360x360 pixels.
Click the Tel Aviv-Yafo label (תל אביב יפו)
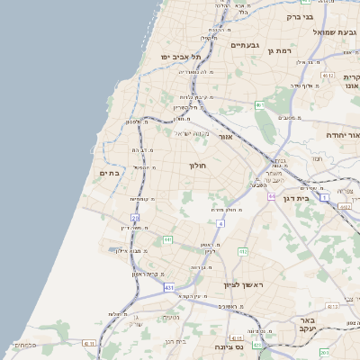(x=177, y=57)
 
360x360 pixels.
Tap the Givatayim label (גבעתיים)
(x=245, y=45)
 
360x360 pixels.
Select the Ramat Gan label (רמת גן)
(x=282, y=51)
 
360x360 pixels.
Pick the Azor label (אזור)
(x=225, y=137)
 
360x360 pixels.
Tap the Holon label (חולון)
(x=198, y=166)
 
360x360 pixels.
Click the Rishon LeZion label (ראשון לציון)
(x=244, y=284)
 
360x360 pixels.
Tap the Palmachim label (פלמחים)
(x=24, y=345)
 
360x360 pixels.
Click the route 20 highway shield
(x=135, y=217)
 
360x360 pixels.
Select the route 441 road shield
(x=167, y=239)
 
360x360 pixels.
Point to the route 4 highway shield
(x=220, y=222)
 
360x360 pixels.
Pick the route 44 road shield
(x=271, y=195)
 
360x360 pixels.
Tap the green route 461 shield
(x=259, y=105)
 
